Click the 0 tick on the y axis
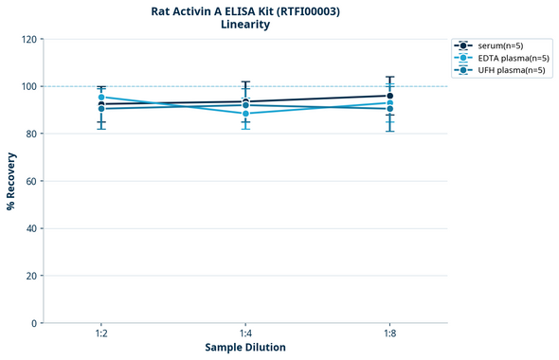[x=34, y=323]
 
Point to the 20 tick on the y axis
[x=31, y=276]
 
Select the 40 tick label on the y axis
[x=31, y=228]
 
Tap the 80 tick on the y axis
[x=31, y=134]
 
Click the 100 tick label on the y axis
[x=28, y=86]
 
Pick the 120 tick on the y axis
[x=28, y=39]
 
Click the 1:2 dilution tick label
[x=101, y=334]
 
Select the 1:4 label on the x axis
[x=245, y=334]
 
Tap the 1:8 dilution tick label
[x=389, y=334]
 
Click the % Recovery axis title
[x=11, y=181]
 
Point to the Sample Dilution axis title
[x=245, y=348]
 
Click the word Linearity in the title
[x=245, y=25]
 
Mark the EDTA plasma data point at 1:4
[x=245, y=114]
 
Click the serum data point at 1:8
[x=389, y=96]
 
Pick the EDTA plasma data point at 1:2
[x=101, y=98]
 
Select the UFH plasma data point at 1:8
[x=389, y=109]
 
